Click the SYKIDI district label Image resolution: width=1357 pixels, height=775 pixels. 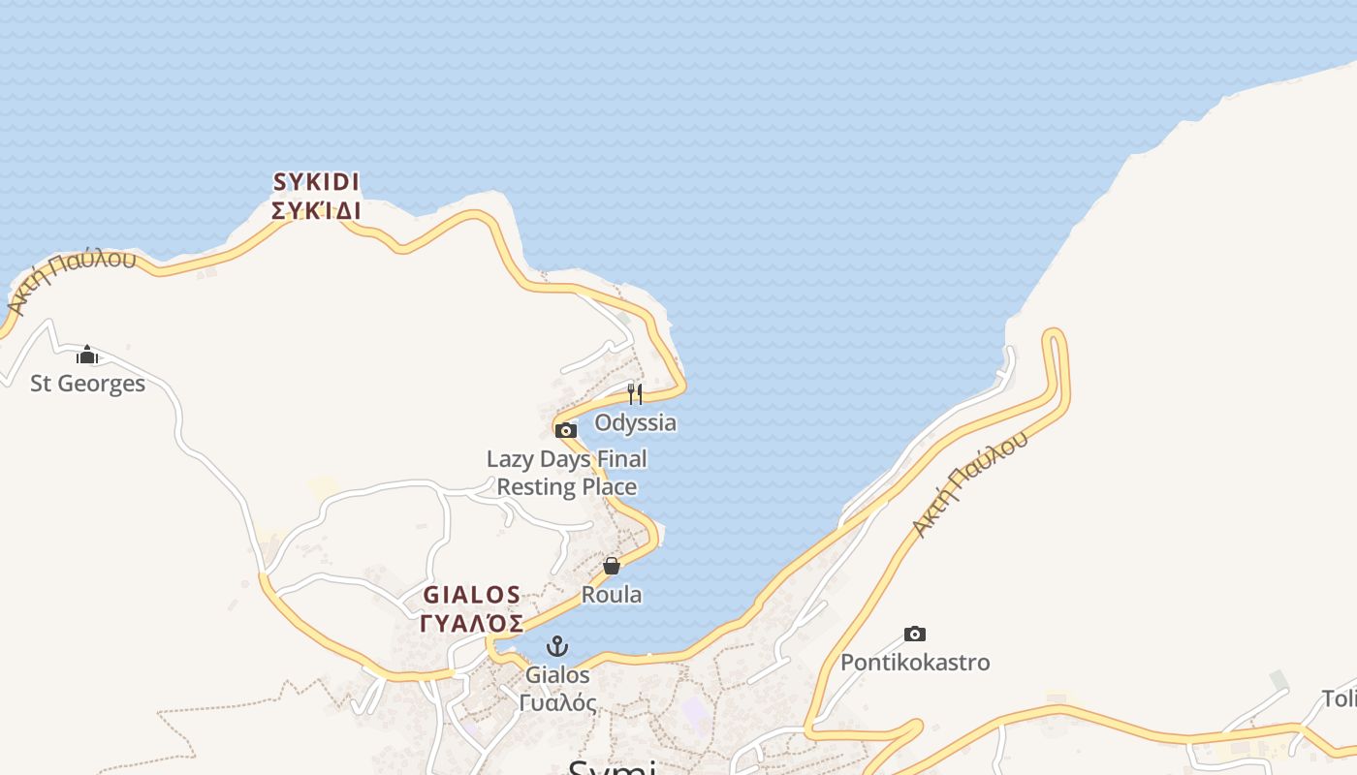pyautogui.click(x=316, y=182)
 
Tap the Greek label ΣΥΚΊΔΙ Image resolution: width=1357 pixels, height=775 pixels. pyautogui.click(x=316, y=210)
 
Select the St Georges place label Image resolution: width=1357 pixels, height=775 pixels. pyautogui.click(x=87, y=384)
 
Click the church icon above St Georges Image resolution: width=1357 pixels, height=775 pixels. pyautogui.click(x=87, y=356)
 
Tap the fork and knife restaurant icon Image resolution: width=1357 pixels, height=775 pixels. pyautogui.click(x=634, y=393)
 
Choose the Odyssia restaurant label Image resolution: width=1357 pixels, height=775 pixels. pyautogui.click(x=635, y=422)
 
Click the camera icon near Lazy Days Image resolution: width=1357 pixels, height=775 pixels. pyautogui.click(x=566, y=431)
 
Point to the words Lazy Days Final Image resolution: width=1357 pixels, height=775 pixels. pyautogui.click(x=567, y=458)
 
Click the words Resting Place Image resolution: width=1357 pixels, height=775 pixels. pyautogui.click(x=567, y=486)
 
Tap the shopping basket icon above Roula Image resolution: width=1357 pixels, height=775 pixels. pyautogui.click(x=612, y=566)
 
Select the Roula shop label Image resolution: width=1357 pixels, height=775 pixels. pyautogui.click(x=612, y=594)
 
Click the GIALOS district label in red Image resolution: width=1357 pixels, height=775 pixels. pyautogui.click(x=472, y=595)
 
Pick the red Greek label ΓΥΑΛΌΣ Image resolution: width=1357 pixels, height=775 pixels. pyautogui.click(x=472, y=622)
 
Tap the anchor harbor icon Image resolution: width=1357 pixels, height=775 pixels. pyautogui.click(x=557, y=646)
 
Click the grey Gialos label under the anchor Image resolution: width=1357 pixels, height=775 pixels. pyautogui.click(x=557, y=674)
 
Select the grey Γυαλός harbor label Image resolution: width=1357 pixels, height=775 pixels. pyautogui.click(x=557, y=702)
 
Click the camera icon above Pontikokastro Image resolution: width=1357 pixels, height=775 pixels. pyautogui.click(x=914, y=635)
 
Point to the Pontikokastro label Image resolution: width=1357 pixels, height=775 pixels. pyautogui.click(x=915, y=663)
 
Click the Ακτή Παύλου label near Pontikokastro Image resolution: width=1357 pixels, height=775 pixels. pyautogui.click(x=969, y=484)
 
